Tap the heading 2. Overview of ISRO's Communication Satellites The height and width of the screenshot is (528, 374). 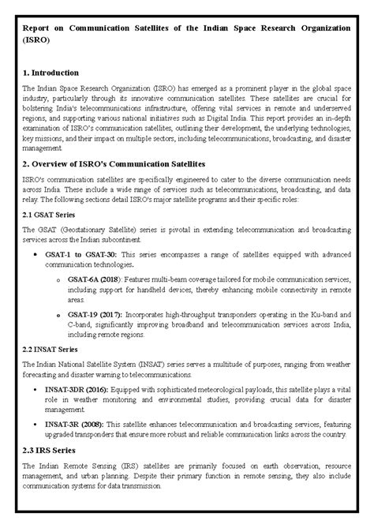click(114, 163)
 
